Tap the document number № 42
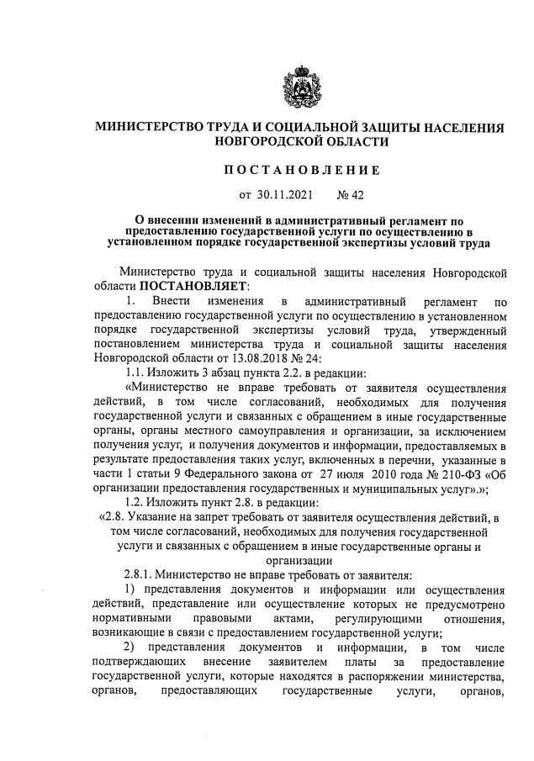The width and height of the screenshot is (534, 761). click(x=350, y=196)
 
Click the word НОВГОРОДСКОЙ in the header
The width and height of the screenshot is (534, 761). click(x=268, y=143)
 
